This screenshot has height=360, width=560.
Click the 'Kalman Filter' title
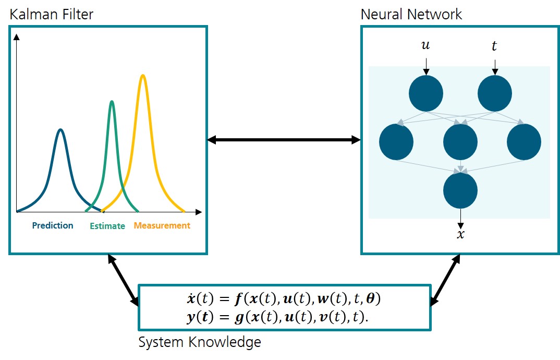[x=52, y=14]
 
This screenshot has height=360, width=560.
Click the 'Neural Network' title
[x=411, y=14]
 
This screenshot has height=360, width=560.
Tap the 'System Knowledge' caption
[x=200, y=342]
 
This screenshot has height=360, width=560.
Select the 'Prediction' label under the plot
[x=53, y=225]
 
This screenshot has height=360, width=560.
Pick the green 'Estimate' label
[x=107, y=226]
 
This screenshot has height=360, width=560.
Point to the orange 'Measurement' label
[x=162, y=226]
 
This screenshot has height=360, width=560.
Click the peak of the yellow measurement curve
[x=142, y=76]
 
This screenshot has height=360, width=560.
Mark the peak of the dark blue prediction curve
[x=61, y=130]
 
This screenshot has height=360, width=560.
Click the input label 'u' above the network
[x=425, y=46]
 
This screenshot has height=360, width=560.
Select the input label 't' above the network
[x=494, y=46]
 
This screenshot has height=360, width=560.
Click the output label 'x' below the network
[x=460, y=234]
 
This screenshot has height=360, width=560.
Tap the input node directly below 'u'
[x=426, y=93]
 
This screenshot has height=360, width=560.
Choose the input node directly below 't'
[x=495, y=93]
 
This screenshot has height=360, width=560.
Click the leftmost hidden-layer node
[x=396, y=142]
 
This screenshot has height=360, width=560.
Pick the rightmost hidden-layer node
[x=524, y=142]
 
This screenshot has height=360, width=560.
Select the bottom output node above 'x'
[x=460, y=190]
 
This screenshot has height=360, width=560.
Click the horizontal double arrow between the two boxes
[x=284, y=140]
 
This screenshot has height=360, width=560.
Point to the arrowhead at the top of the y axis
[x=17, y=37]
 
